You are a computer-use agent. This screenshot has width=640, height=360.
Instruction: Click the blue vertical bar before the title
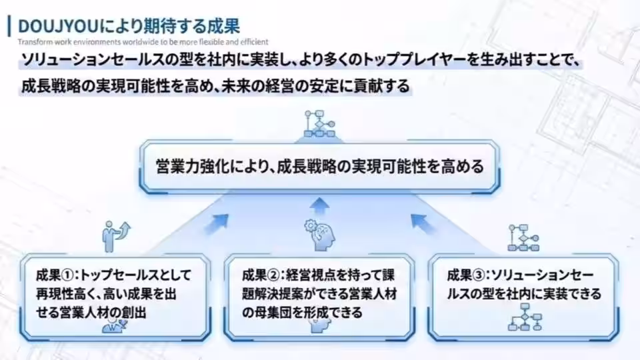(x=8, y=26)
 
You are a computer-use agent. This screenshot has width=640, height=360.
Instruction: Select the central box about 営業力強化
(x=319, y=165)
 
